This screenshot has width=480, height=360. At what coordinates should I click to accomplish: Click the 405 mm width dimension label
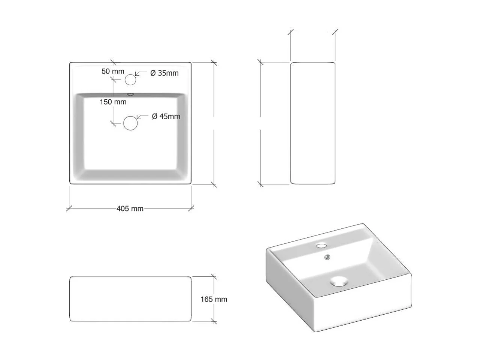click(130, 208)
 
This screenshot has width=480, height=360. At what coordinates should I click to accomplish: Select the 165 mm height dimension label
click(214, 299)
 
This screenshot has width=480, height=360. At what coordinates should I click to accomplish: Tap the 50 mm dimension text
click(112, 71)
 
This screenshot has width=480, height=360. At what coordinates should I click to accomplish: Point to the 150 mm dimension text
click(113, 102)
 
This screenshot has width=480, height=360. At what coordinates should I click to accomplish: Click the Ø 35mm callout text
click(164, 73)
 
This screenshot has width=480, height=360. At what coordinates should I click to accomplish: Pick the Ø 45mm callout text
click(166, 116)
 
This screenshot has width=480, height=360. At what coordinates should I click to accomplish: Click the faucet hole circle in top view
click(130, 79)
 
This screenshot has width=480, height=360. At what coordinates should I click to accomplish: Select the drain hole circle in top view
click(130, 123)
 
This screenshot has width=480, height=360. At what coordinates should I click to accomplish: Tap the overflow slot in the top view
click(130, 94)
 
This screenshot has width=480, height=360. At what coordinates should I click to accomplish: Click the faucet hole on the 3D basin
click(321, 246)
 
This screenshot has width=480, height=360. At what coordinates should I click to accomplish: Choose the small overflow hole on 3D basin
click(327, 257)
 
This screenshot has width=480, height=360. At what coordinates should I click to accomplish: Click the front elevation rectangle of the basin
click(130, 299)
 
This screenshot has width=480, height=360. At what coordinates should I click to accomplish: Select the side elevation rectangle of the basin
click(313, 123)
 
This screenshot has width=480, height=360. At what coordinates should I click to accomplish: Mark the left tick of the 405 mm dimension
click(69, 208)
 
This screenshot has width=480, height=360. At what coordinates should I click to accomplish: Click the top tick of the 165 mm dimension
click(214, 277)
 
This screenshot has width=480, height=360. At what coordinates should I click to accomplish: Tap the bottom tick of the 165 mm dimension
click(214, 321)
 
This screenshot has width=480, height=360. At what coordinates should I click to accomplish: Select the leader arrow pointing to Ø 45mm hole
click(141, 117)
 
